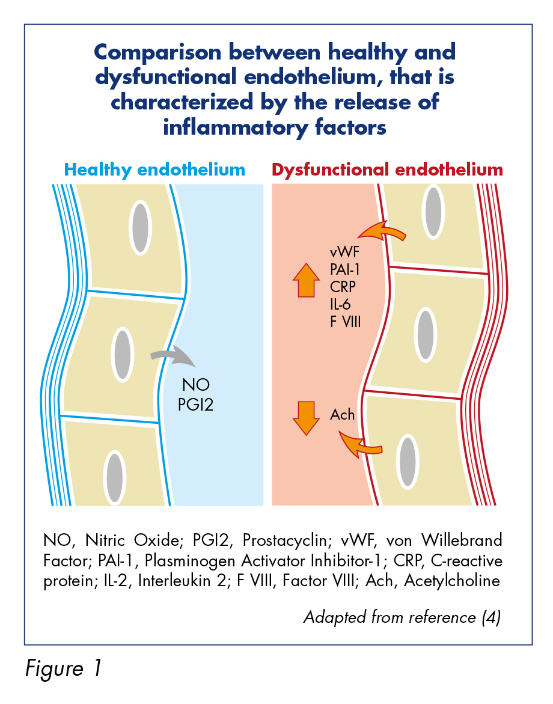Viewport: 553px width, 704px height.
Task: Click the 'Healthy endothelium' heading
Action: [x=154, y=170]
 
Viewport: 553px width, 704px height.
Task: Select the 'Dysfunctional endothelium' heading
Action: [x=387, y=170]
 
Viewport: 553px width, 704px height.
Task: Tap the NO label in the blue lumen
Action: [x=196, y=385]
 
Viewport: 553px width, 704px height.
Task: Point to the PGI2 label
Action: [x=195, y=405]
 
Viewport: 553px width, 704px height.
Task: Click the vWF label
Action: [x=345, y=252]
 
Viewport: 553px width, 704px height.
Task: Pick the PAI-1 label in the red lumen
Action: [x=345, y=269]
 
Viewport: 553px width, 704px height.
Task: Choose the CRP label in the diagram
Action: [x=343, y=287]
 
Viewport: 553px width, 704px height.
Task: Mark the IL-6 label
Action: [x=340, y=304]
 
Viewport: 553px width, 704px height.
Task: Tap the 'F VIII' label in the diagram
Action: [x=345, y=322]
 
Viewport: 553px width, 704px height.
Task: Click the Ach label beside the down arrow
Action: [x=342, y=414]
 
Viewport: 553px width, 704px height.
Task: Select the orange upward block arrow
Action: [x=306, y=280]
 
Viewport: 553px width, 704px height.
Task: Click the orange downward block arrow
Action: [x=306, y=418]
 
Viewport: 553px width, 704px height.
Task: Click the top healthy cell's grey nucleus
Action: [x=141, y=228]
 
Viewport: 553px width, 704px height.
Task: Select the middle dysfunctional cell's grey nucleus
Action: [x=425, y=334]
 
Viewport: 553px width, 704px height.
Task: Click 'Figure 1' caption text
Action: [x=63, y=669]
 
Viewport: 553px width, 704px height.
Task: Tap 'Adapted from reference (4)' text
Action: [x=402, y=617]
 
